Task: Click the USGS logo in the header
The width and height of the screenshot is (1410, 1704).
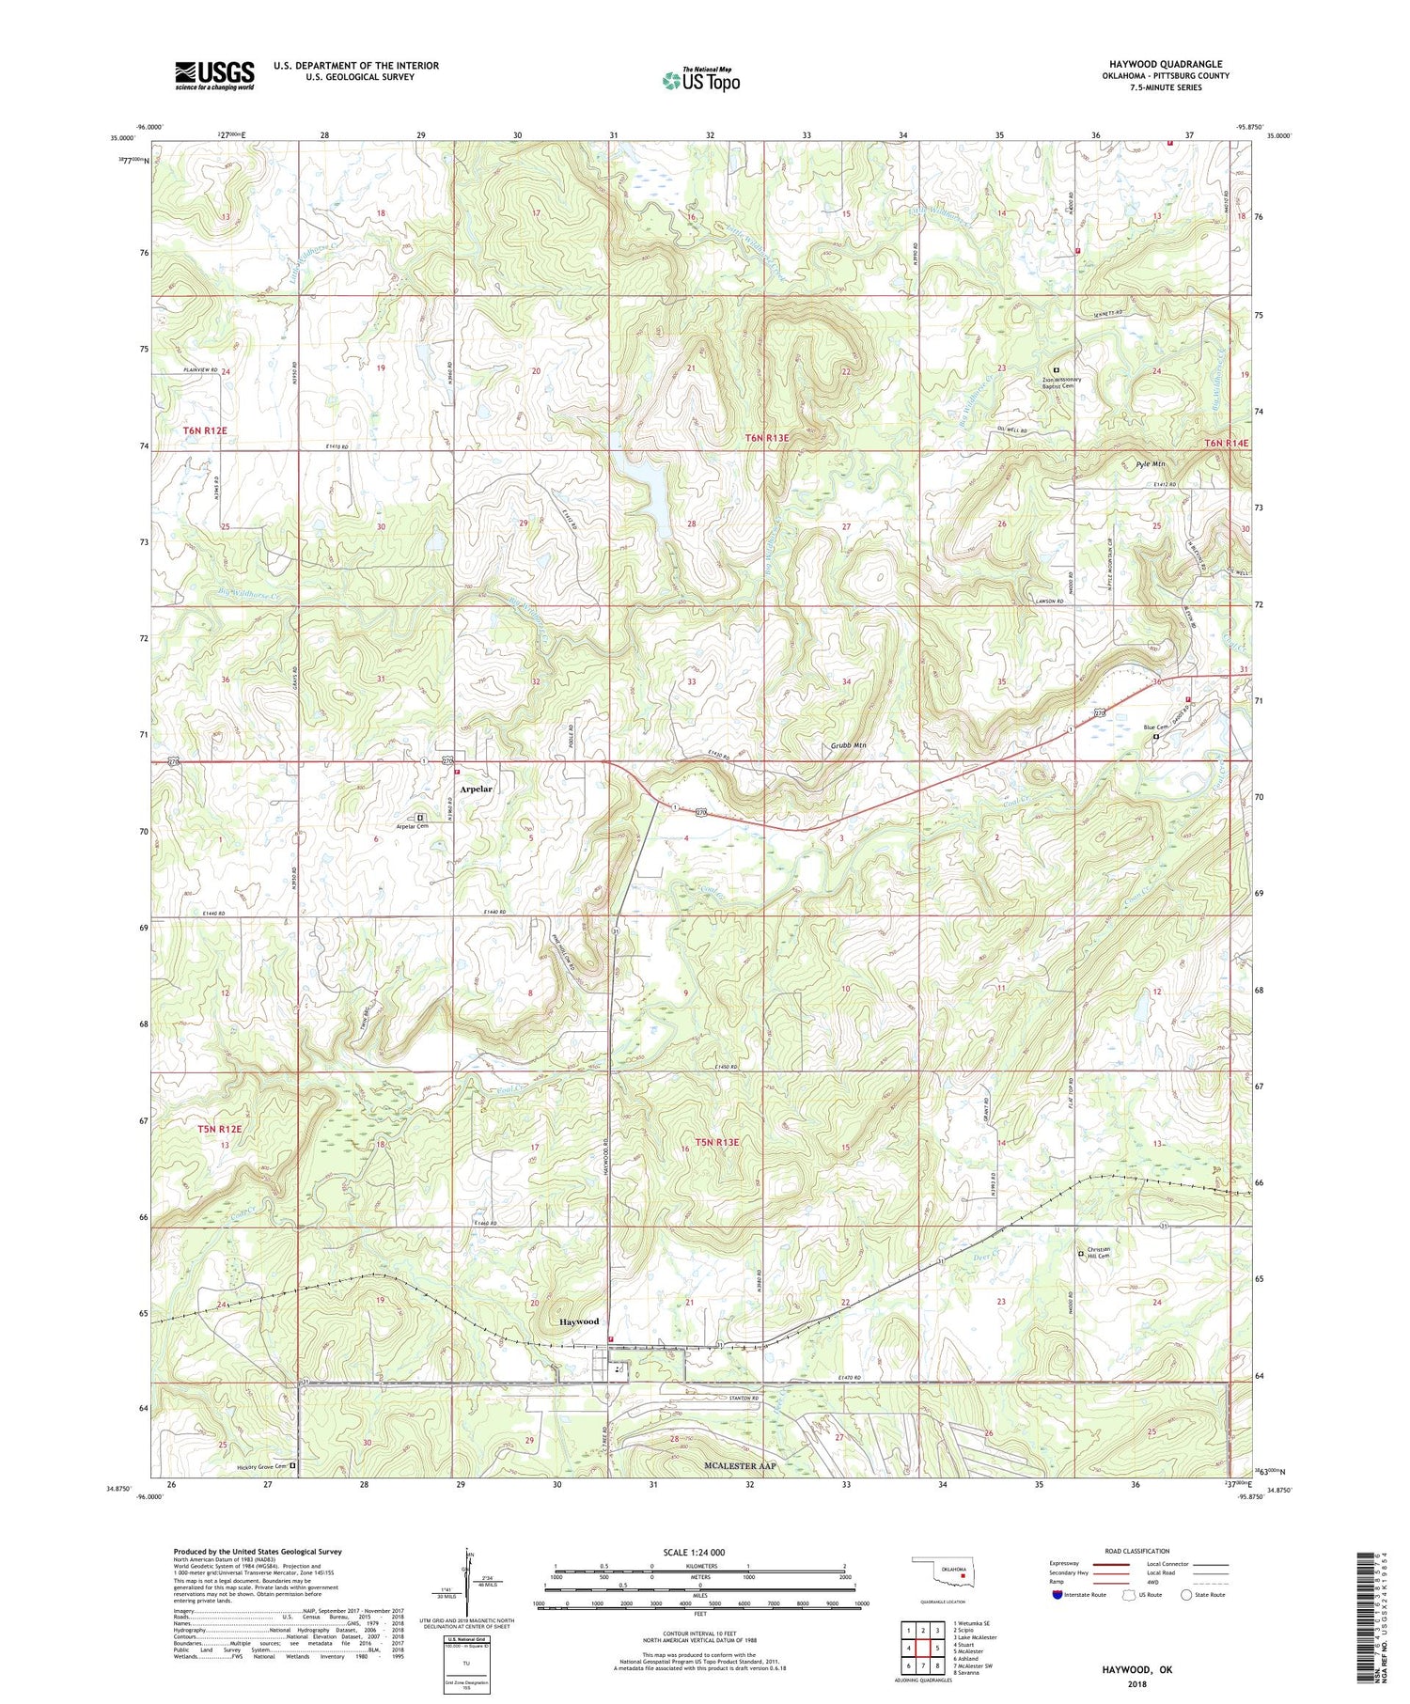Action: [214, 75]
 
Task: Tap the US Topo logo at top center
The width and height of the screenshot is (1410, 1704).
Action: [700, 81]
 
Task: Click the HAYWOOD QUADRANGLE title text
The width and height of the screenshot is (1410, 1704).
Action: [1165, 64]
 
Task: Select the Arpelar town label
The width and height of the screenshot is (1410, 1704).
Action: [476, 789]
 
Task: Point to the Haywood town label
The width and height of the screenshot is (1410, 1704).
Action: [579, 1321]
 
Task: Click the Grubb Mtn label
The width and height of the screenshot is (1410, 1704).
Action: [847, 745]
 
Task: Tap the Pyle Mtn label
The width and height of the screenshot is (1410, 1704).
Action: [1150, 464]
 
